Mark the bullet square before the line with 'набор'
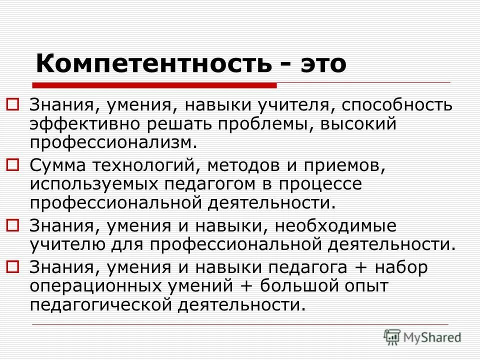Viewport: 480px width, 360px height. (13, 266)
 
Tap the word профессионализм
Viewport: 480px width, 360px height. (111, 142)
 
